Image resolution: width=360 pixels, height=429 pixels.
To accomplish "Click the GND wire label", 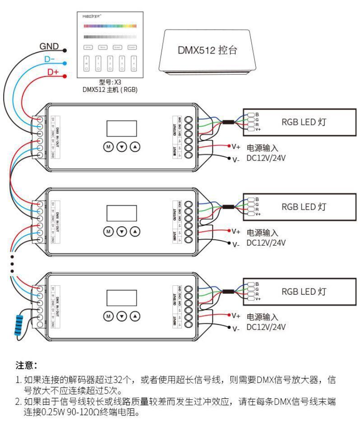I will point(50,46).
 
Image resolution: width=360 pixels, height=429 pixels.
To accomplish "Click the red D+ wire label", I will point(53,72).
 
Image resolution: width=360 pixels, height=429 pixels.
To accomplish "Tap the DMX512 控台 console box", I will point(208,51).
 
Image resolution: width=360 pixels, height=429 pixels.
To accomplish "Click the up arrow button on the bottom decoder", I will point(135,315).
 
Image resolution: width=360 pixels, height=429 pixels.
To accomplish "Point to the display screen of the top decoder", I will point(121,128).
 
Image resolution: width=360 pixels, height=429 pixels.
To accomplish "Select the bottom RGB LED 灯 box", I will point(298,292).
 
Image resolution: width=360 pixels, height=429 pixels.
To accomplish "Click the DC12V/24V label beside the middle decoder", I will point(266,242).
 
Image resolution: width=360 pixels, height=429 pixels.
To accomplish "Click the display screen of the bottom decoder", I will point(121,298).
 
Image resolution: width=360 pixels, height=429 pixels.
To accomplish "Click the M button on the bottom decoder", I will point(108,315).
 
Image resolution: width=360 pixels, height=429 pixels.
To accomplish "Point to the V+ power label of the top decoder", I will point(236,146).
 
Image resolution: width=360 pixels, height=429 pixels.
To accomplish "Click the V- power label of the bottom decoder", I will point(236,329).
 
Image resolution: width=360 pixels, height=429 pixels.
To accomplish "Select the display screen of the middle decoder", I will point(121,213).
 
